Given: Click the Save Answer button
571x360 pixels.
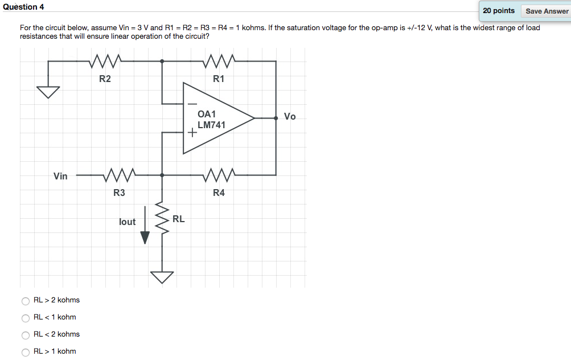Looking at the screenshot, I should [x=547, y=11].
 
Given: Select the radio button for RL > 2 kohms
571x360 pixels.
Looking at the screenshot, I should [x=25, y=301].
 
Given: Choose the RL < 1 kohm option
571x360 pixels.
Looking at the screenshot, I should [x=25, y=318].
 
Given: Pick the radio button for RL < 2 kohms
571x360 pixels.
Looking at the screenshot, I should [x=25, y=335].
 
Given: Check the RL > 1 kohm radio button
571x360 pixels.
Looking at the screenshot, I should [x=25, y=352].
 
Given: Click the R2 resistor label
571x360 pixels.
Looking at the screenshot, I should [x=105, y=79].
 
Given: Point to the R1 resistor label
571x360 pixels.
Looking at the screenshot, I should [x=219, y=79].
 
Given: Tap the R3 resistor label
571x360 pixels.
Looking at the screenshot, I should [x=119, y=193].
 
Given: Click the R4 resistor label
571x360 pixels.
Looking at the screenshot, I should [x=219, y=193].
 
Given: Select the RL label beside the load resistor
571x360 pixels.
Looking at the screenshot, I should [x=178, y=219].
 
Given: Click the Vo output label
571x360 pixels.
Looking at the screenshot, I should [x=290, y=117].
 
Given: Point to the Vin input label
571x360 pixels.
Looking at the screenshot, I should [x=60, y=176].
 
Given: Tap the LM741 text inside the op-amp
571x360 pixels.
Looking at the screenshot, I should [x=211, y=125].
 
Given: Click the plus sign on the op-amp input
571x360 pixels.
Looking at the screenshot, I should [x=192, y=134].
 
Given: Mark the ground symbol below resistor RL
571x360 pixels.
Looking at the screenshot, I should [x=162, y=277].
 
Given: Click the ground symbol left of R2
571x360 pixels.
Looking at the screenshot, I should [x=48, y=92].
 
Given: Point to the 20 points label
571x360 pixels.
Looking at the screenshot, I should [x=499, y=11].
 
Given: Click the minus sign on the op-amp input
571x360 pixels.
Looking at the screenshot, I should [x=192, y=104].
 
